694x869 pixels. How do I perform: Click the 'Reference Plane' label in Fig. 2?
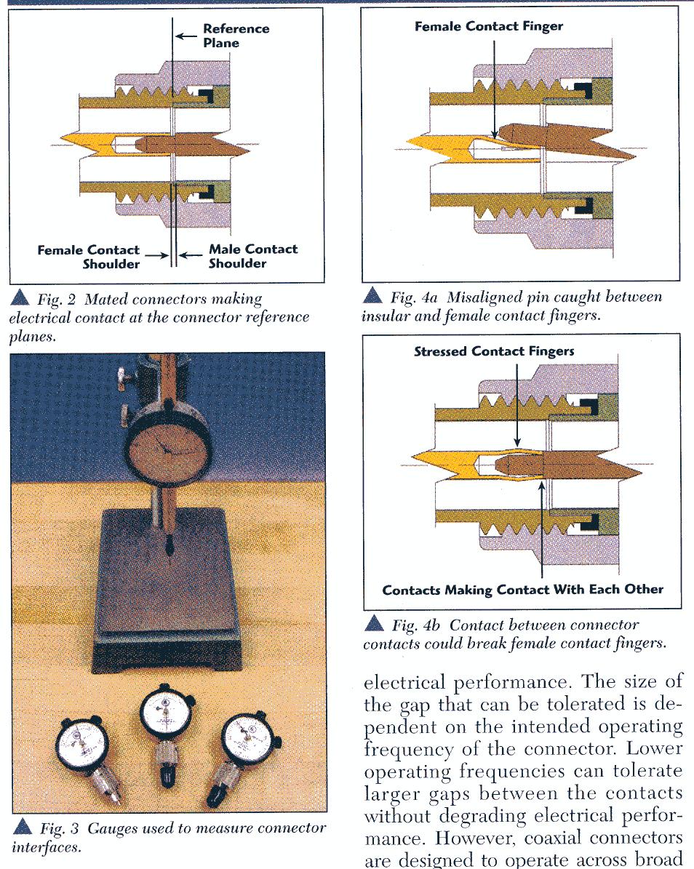[235, 36]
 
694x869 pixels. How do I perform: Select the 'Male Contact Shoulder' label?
[252, 256]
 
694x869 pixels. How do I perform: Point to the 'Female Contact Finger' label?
[489, 27]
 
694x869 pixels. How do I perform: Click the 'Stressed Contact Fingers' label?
[494, 351]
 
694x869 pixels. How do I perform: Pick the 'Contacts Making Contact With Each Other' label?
[522, 589]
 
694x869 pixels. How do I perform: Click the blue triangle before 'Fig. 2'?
[21, 297]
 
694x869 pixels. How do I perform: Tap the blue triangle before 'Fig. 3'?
[22, 827]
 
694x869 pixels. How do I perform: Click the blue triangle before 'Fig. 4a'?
[374, 295]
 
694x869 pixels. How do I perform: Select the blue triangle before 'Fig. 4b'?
[374, 623]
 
